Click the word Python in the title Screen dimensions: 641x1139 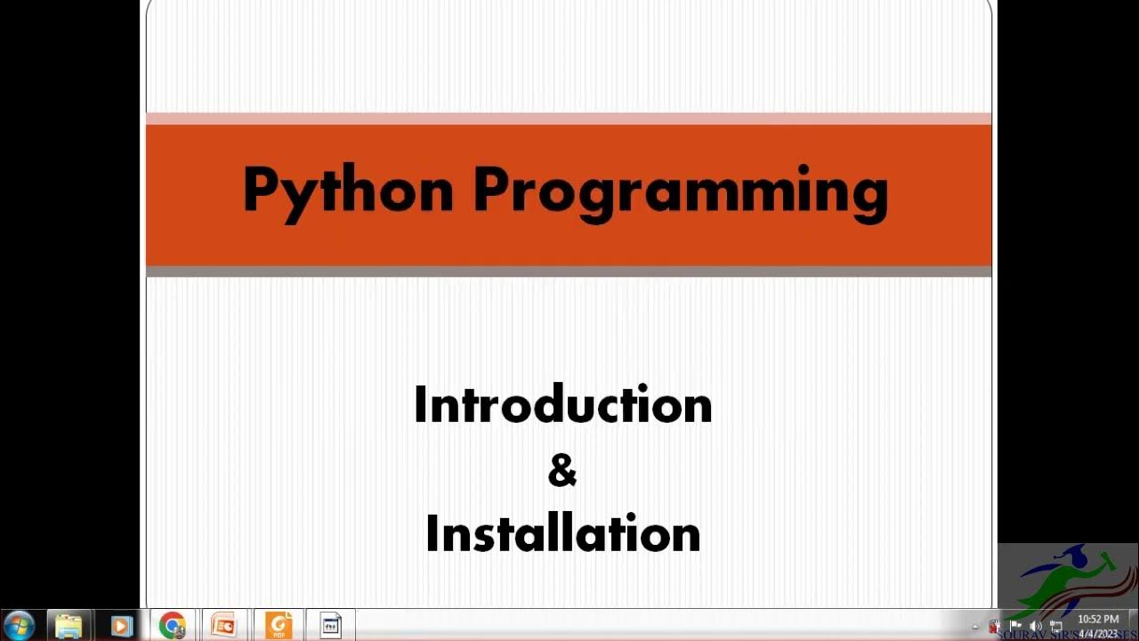[x=348, y=191]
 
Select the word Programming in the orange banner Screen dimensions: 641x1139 [x=680, y=191]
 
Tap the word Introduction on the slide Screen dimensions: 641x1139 [x=562, y=405]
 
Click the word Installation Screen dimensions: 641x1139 [x=562, y=533]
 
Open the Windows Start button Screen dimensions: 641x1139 [x=19, y=625]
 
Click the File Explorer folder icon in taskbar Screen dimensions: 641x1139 [x=69, y=626]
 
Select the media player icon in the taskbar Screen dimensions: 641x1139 [x=121, y=626]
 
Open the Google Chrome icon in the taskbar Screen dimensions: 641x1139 [x=173, y=626]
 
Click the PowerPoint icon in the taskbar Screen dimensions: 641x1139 [x=224, y=626]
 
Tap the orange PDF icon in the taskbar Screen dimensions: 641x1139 [x=279, y=626]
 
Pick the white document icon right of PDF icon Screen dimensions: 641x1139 [x=330, y=626]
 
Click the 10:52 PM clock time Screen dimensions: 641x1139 [x=1097, y=619]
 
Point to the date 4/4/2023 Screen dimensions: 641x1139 [x=1097, y=633]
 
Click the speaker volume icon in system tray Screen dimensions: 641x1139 [x=1035, y=626]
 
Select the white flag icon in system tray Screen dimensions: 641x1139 [x=1015, y=626]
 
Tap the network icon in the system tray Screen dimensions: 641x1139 [x=1055, y=626]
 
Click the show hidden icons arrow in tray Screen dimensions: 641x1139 [x=975, y=627]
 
